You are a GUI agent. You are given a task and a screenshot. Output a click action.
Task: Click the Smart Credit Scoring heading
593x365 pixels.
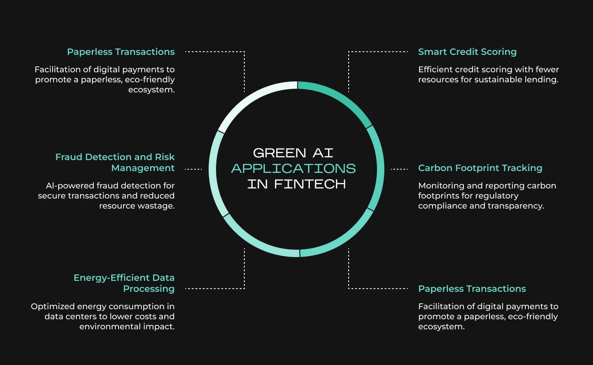pos(467,52)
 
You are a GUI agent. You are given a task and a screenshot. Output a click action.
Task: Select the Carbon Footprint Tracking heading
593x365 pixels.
pos(480,168)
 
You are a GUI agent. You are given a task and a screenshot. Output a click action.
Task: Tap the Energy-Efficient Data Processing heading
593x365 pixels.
pos(124,283)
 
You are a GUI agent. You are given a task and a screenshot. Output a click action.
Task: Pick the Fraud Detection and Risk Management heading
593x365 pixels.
pos(115,162)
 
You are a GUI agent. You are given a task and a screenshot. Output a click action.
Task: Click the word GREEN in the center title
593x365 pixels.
pos(280,153)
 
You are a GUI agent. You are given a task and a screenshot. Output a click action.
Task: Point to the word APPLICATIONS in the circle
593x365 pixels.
pos(294,169)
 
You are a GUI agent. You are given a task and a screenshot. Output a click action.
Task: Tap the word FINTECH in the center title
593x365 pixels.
pos(310,184)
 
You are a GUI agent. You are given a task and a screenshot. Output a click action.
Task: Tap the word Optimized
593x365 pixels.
pos(53,306)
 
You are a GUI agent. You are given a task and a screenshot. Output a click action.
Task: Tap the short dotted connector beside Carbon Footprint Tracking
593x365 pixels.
pos(399,169)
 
